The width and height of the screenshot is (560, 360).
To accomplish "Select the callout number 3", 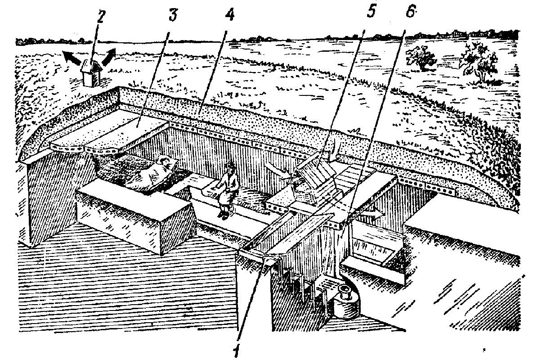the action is [x=173, y=14].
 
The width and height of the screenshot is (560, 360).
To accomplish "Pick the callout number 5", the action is [x=372, y=11].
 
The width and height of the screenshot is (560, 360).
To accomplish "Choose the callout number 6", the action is [x=411, y=11].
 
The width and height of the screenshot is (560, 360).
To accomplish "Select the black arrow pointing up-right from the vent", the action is [x=108, y=57].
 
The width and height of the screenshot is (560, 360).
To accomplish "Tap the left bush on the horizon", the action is [x=422, y=58].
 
